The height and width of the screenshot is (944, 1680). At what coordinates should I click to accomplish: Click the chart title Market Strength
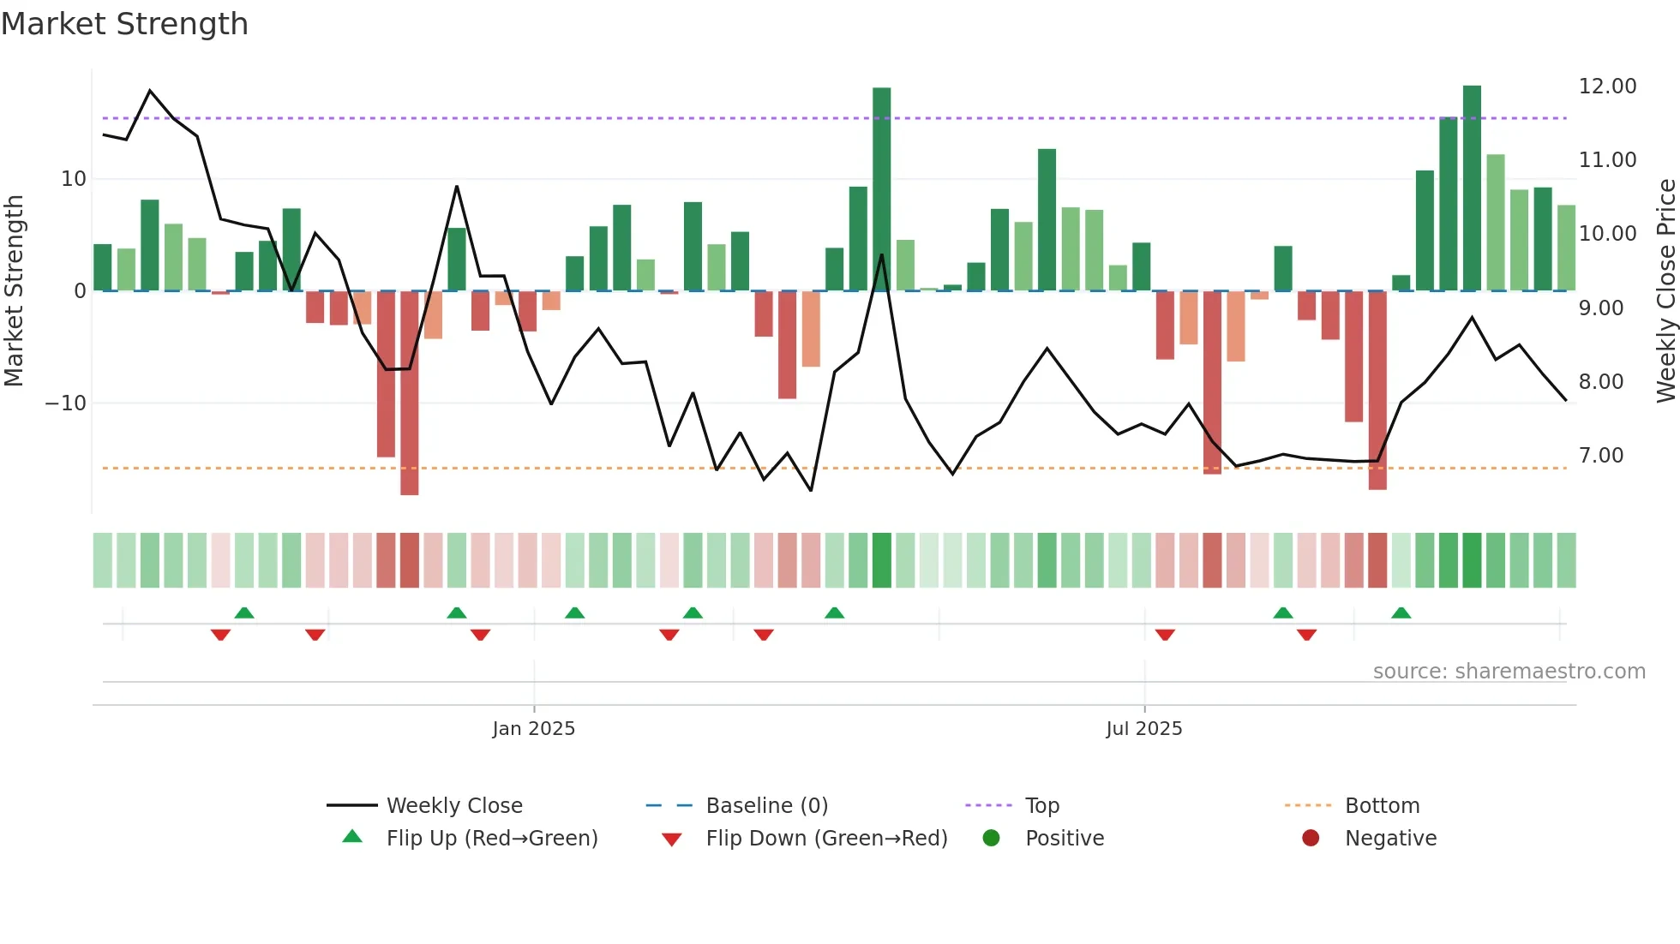(124, 24)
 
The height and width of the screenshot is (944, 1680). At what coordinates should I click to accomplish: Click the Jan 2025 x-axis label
(533, 729)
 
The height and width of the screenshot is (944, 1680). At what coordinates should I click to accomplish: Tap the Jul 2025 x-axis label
(1143, 729)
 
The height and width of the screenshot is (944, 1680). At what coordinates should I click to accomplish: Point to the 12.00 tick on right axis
(1607, 87)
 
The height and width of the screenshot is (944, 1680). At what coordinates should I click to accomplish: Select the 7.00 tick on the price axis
(1601, 456)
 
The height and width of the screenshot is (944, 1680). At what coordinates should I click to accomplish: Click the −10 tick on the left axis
(66, 403)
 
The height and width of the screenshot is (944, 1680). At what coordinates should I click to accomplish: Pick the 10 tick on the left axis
(74, 179)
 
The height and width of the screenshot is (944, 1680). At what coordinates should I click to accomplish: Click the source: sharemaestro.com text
(1509, 672)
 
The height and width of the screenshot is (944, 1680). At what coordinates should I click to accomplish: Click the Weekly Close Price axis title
(1665, 291)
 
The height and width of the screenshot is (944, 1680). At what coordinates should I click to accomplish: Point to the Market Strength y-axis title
(14, 291)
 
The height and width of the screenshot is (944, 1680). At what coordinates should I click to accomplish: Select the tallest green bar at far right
(1472, 188)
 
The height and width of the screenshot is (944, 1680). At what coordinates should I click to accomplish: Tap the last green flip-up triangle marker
(1401, 613)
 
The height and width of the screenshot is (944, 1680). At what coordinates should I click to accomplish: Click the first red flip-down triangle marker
(220, 635)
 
